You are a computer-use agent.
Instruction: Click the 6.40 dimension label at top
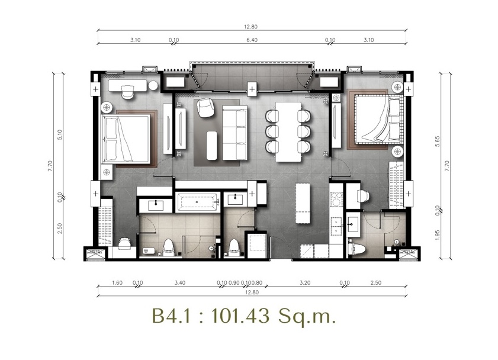pos(252,40)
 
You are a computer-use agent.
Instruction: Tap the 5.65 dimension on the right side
pos(438,141)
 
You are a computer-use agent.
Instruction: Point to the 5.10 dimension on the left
pos(60,134)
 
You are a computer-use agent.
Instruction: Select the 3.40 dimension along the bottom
pos(180,282)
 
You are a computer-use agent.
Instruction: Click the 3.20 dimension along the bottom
pos(304,282)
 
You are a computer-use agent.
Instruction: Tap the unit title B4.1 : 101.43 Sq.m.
pos(243,316)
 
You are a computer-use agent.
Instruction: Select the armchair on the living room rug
pos(205,108)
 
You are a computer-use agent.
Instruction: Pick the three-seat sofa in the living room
pos(234,133)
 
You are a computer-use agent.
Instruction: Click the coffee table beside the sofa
pos(212,146)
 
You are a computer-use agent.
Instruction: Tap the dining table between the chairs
pos(288,132)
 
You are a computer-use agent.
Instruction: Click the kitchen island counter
pos(303,203)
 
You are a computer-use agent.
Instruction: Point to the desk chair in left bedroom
pos(128,92)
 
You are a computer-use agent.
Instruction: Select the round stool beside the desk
pos(153,85)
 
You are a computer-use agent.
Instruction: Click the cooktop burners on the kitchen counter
pos(335,200)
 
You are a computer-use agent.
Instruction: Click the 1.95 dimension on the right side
pos(438,235)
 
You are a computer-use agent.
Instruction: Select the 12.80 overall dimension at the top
pos(250,27)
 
